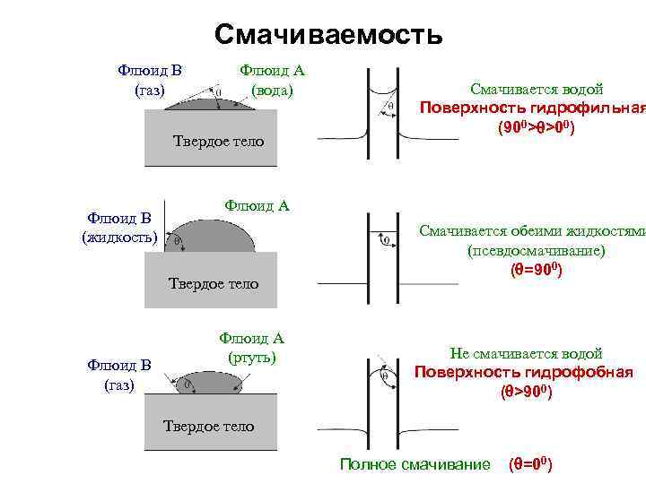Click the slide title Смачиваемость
pyautogui.click(x=328, y=35)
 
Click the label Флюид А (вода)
pyautogui.click(x=273, y=80)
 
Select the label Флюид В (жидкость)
pyautogui.click(x=119, y=228)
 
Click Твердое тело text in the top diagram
pyautogui.click(x=218, y=141)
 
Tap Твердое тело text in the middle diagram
pyautogui.click(x=214, y=284)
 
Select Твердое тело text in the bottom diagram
pyautogui.click(x=208, y=426)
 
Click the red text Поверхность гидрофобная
pyautogui.click(x=523, y=373)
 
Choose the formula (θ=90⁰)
pyautogui.click(x=536, y=269)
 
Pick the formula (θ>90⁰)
pyautogui.click(x=525, y=392)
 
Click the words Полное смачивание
pyautogui.click(x=415, y=463)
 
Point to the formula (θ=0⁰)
pyautogui.click(x=530, y=463)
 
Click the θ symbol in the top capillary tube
pyautogui.click(x=389, y=106)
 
